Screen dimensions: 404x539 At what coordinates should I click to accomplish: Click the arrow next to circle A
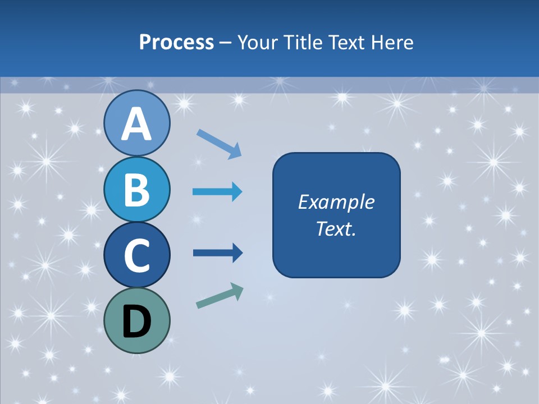[219, 144]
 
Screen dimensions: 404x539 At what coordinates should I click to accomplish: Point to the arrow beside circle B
[217, 192]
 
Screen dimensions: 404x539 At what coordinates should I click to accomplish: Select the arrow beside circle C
[217, 253]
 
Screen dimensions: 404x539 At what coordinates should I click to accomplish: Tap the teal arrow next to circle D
[220, 296]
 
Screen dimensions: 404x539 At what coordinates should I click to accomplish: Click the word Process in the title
[176, 43]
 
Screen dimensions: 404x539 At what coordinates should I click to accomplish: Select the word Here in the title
[392, 43]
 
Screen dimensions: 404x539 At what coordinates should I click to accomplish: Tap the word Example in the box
[336, 202]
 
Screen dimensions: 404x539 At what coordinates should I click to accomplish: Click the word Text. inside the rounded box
[336, 229]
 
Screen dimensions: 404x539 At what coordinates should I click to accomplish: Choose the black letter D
[137, 322]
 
